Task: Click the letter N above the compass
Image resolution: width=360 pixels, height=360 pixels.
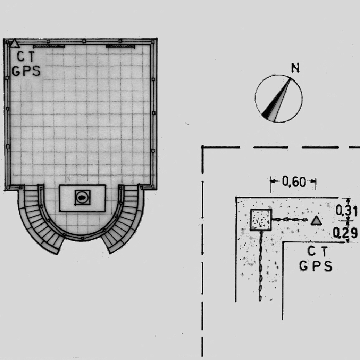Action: tap(295, 68)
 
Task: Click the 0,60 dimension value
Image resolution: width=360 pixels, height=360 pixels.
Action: tap(294, 182)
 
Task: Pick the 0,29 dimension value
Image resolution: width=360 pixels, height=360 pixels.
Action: tap(345, 233)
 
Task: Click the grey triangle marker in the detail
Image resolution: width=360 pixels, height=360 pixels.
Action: tap(316, 220)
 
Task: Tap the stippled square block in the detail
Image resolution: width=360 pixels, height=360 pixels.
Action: tap(261, 220)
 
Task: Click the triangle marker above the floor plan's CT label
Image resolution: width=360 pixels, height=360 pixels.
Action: tap(15, 44)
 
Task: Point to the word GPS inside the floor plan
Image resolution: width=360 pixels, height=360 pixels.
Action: tap(26, 71)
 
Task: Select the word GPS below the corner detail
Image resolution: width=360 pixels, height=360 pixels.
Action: tap(316, 266)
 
